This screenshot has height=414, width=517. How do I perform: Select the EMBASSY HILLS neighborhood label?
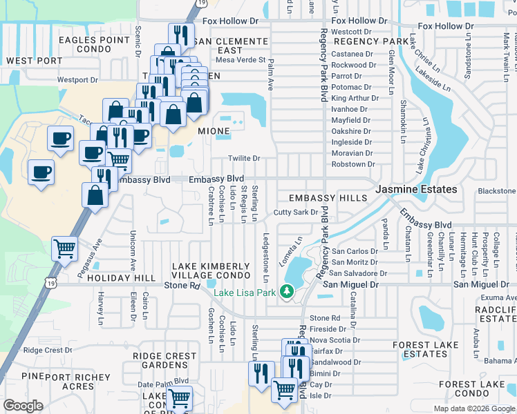[x=328, y=199]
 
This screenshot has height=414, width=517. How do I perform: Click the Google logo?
[x=23, y=405]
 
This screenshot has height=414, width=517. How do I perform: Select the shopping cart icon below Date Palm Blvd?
[x=179, y=397]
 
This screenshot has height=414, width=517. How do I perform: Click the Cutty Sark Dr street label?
[x=295, y=213]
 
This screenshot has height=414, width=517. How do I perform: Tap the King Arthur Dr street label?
[x=351, y=98]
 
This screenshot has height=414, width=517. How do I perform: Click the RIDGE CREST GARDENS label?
[x=164, y=360]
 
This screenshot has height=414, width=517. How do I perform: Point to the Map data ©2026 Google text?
[x=473, y=408]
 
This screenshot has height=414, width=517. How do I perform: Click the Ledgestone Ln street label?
[x=265, y=256]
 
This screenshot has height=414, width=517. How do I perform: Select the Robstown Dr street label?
[x=352, y=164]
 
